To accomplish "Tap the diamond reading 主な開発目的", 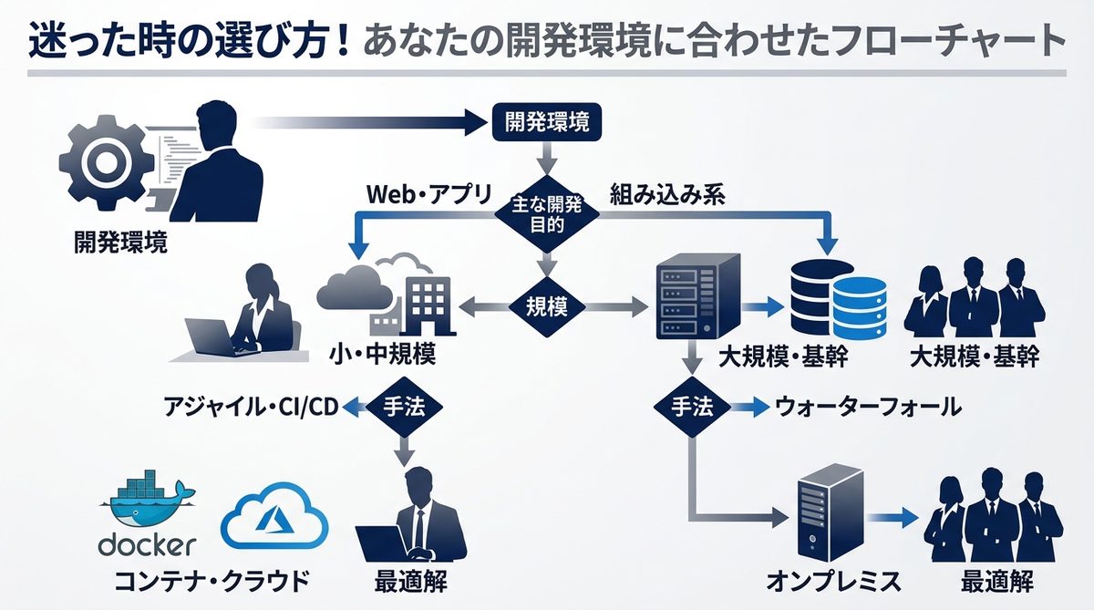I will point(546,215).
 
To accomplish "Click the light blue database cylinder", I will point(858,310).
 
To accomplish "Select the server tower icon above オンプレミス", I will point(828,513).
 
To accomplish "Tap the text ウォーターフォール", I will point(868,407).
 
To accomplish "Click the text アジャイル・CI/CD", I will point(251,407).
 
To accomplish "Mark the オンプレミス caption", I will point(833,581).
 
